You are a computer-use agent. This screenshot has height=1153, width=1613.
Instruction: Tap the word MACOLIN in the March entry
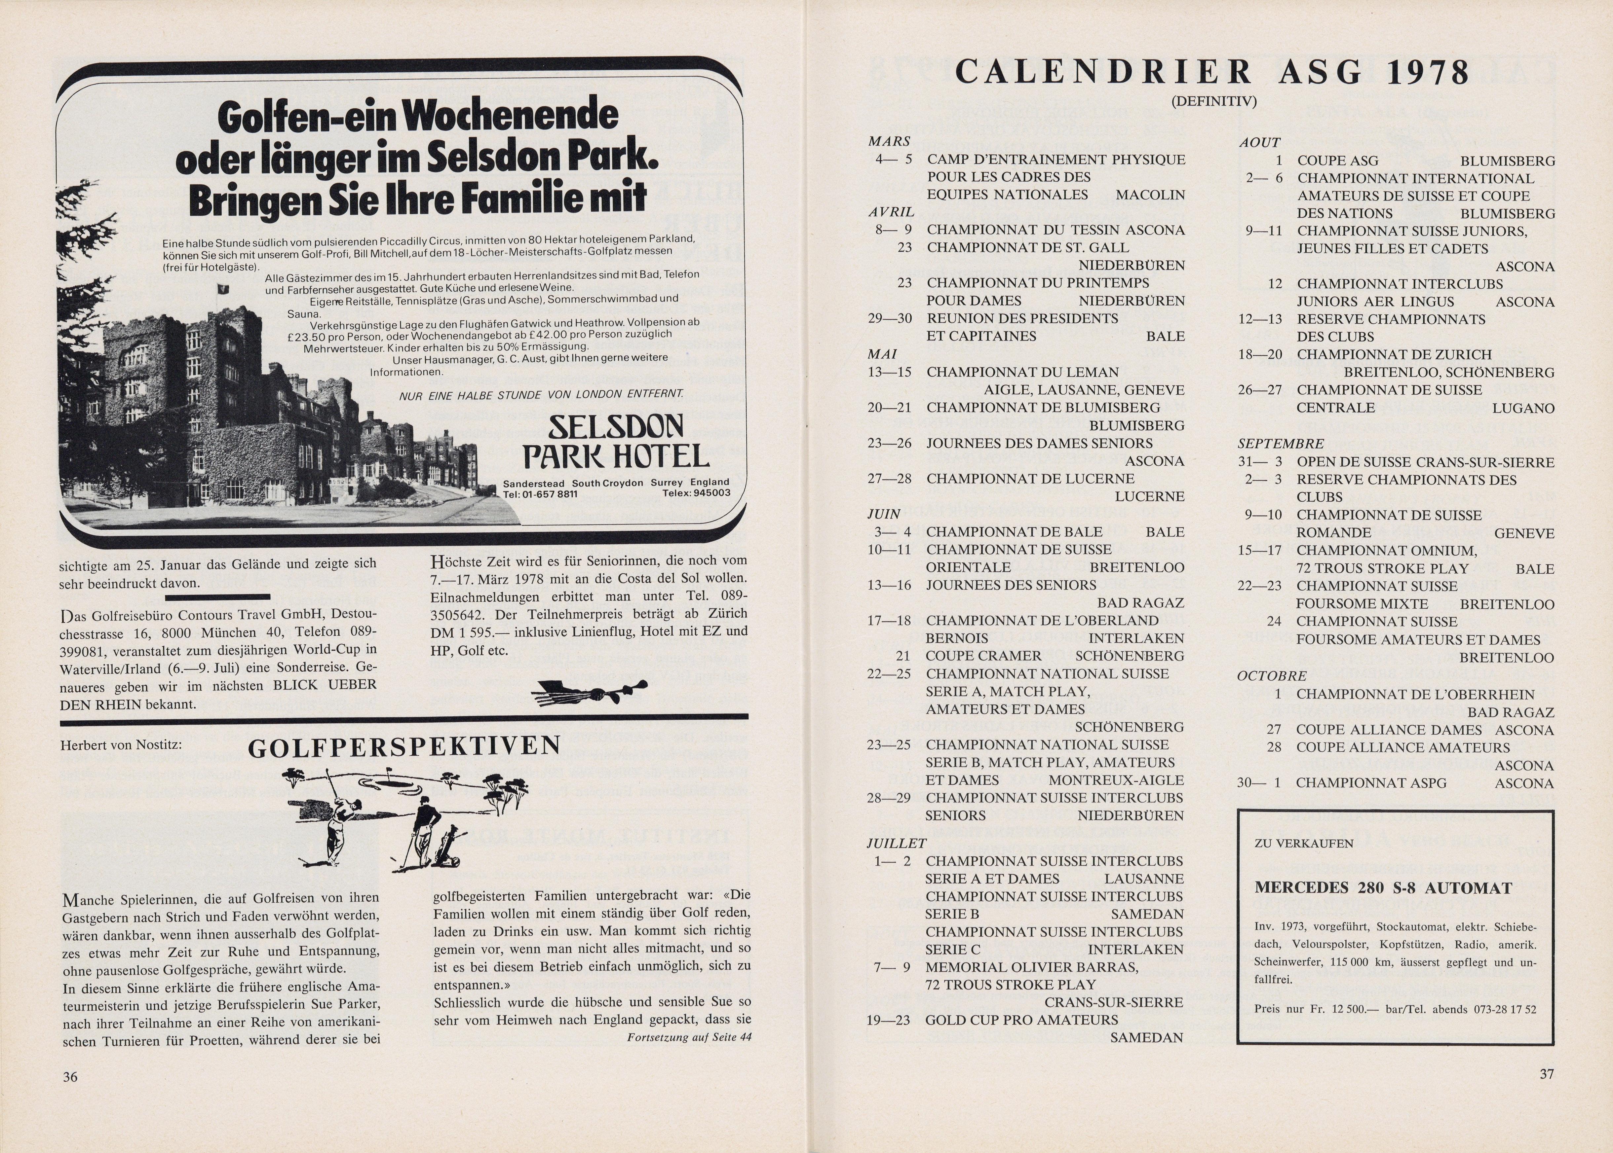click(x=1150, y=195)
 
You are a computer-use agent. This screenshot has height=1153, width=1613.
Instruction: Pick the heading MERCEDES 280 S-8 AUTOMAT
click(x=1383, y=887)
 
